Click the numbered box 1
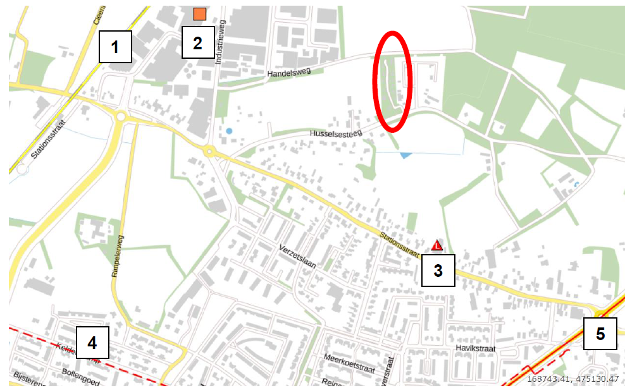pos(115,46)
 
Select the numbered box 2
pos(198,43)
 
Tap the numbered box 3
pos(438,271)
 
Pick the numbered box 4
pos(92,343)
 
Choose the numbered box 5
pos(600,333)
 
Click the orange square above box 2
pos(200,14)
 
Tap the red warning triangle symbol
pos(436,245)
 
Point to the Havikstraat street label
pos(477,348)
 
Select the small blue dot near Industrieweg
pos(228,131)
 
